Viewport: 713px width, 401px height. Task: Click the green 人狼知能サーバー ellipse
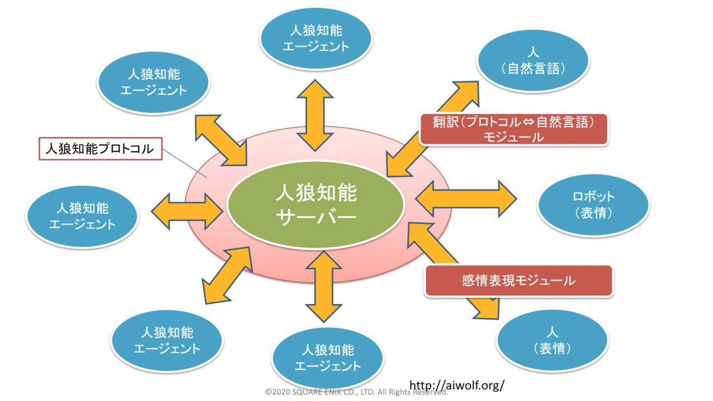click(316, 204)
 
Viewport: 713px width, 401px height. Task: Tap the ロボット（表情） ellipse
click(593, 205)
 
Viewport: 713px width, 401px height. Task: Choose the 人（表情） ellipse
click(551, 340)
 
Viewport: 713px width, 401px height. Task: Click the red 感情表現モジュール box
click(519, 281)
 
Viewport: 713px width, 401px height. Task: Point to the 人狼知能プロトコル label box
click(100, 149)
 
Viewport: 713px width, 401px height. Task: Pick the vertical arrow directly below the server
click(323, 287)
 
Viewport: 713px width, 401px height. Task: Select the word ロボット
click(593, 197)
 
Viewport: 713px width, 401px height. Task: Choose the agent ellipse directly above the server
click(315, 37)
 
